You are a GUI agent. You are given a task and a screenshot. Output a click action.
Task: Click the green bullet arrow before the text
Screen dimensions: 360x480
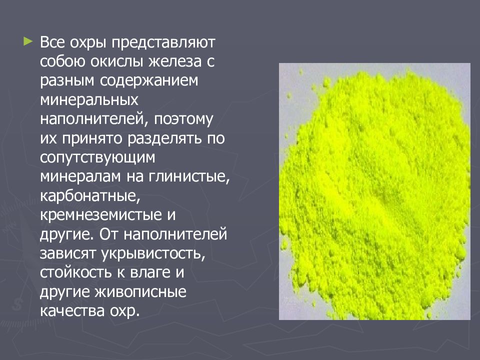pos(27,39)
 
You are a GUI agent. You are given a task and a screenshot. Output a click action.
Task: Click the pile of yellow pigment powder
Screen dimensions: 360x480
pos(375,190)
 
